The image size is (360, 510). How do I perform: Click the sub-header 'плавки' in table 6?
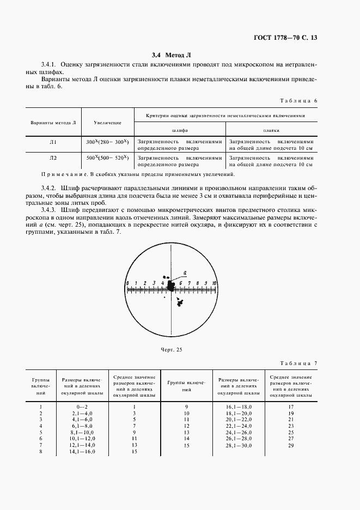click(270, 131)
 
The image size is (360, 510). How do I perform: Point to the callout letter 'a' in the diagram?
click(185, 272)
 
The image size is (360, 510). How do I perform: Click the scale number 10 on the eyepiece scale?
click(215, 283)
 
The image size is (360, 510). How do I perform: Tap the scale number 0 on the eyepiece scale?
click(127, 283)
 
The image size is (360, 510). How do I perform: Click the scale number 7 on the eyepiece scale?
click(188, 283)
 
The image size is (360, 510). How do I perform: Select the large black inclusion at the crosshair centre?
click(171, 286)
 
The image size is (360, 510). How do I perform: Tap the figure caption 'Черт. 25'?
click(171, 349)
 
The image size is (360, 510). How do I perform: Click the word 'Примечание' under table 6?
click(61, 174)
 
